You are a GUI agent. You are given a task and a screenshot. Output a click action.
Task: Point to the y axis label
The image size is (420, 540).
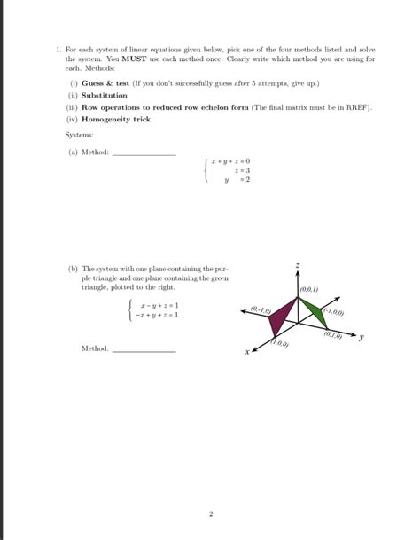click(361, 337)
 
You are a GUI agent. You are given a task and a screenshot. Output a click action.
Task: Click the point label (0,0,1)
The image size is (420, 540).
click(310, 289)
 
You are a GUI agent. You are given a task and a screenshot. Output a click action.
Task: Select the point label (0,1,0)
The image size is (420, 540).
click(333, 334)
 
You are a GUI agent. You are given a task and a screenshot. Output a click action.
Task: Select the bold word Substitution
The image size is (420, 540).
click(105, 95)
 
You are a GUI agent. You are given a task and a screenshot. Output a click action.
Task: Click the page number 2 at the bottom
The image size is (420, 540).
click(211, 513)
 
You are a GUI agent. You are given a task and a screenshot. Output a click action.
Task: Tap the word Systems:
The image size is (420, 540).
click(80, 135)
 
